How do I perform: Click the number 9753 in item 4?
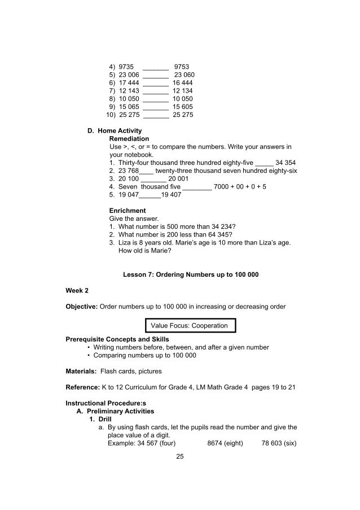[182, 66]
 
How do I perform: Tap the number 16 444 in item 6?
[183, 82]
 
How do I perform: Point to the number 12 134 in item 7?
[183, 90]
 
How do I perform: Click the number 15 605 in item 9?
[183, 106]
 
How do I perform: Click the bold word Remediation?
[129, 138]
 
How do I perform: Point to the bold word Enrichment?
[128, 211]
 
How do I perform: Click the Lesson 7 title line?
[191, 275]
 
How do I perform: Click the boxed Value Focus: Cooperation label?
[190, 326]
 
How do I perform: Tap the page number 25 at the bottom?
[180, 457]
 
